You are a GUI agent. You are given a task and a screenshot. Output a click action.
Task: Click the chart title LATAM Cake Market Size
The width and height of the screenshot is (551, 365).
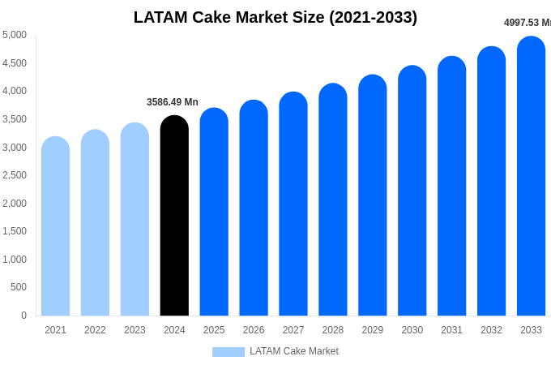(275, 17)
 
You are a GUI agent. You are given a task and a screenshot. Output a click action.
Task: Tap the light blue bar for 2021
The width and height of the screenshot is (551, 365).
(55, 226)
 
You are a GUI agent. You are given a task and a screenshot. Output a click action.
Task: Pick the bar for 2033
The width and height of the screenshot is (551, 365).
(531, 176)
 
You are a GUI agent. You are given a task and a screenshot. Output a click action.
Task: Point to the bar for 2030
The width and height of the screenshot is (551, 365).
(412, 191)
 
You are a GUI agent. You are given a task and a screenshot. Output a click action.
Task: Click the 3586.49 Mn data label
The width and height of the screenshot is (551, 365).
(172, 102)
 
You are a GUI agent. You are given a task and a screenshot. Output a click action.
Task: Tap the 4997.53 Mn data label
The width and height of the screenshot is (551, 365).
(527, 23)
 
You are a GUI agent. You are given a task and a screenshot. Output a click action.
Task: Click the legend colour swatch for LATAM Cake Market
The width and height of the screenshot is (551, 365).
(229, 352)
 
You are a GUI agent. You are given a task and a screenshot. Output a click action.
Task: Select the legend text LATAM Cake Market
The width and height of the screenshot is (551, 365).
(294, 351)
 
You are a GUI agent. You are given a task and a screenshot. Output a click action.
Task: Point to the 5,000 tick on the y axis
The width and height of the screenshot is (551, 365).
(15, 35)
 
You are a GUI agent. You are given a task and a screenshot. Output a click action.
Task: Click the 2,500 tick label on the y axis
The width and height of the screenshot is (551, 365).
(15, 175)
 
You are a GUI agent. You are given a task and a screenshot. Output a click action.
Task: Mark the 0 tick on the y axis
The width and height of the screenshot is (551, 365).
(23, 316)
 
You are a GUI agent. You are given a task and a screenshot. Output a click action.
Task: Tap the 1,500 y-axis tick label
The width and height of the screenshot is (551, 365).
(15, 231)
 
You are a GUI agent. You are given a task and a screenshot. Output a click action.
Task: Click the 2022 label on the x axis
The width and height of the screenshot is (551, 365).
(95, 330)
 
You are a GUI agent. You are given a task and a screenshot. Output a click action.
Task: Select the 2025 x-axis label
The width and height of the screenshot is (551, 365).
(214, 330)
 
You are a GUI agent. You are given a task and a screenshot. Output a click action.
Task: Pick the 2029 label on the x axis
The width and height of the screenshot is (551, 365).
(372, 330)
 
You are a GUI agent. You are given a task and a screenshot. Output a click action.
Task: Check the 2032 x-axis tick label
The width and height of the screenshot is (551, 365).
(491, 330)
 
